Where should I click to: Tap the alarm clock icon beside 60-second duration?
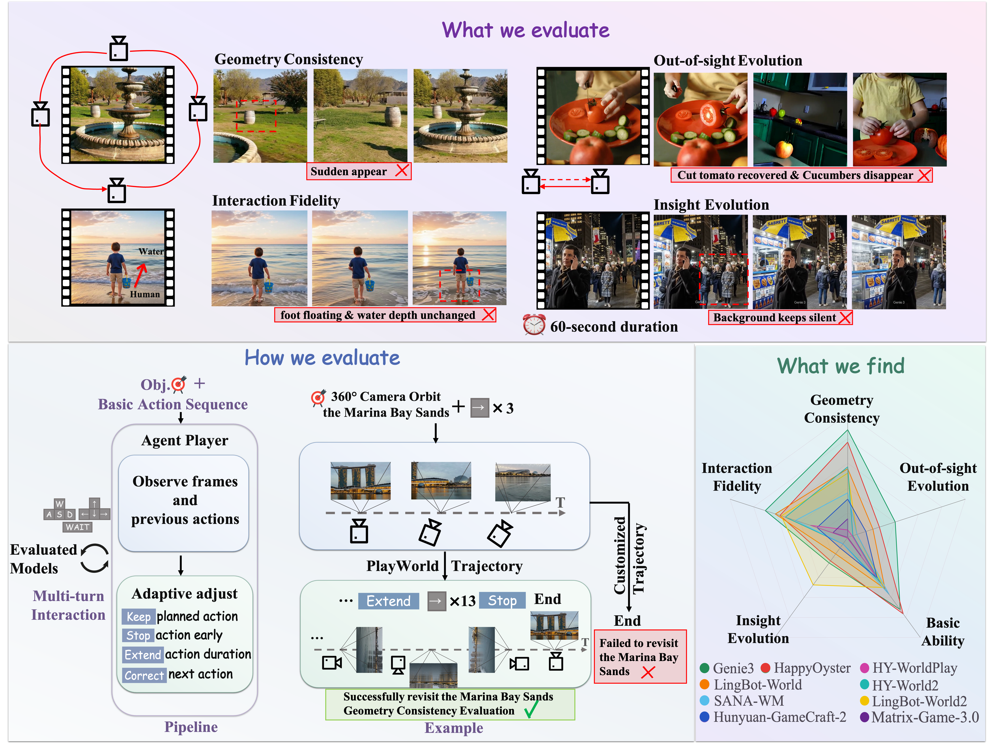pyautogui.click(x=534, y=325)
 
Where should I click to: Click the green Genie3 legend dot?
pyautogui.click(x=704, y=668)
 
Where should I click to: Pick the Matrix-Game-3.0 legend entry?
pyautogui.click(x=920, y=717)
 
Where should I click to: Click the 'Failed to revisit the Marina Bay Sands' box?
pyautogui.click(x=640, y=657)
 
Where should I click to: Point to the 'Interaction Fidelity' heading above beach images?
pyautogui.click(x=276, y=201)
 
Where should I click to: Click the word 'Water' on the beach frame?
pyautogui.click(x=151, y=252)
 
